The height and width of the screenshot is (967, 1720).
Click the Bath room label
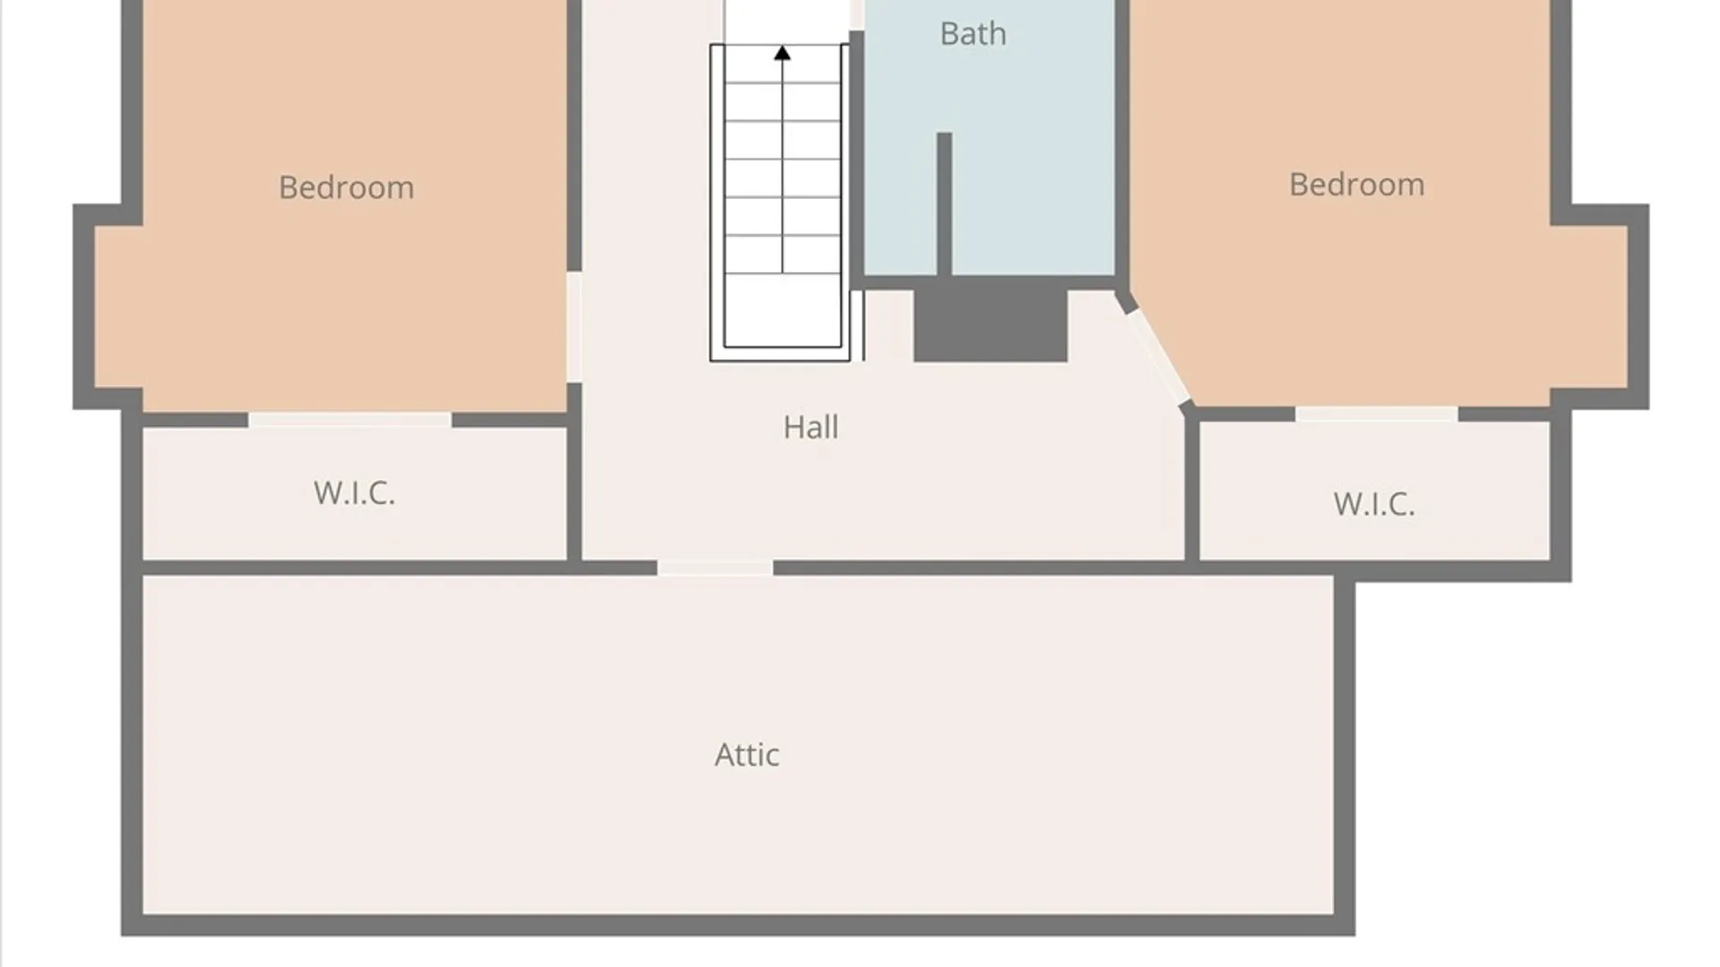(x=973, y=34)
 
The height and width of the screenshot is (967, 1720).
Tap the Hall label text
(x=811, y=427)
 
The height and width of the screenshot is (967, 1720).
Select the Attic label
(x=747, y=755)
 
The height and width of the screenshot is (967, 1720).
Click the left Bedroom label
(x=347, y=187)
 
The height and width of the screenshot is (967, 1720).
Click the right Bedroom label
(x=1356, y=184)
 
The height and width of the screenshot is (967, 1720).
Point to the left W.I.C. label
(x=355, y=492)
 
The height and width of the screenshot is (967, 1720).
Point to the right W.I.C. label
(x=1374, y=504)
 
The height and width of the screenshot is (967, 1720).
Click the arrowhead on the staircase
(x=782, y=54)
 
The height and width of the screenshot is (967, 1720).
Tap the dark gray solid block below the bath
(x=991, y=325)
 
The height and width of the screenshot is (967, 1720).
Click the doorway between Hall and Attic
(x=715, y=568)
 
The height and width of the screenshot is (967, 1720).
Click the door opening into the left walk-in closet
(x=349, y=420)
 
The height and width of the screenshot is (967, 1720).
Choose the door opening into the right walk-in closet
(x=1376, y=414)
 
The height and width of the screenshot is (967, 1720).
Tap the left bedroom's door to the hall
(x=574, y=327)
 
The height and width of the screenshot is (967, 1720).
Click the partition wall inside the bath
(x=944, y=204)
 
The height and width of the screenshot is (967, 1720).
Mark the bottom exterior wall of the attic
(x=738, y=925)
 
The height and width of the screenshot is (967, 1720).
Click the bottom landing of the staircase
(x=782, y=310)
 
